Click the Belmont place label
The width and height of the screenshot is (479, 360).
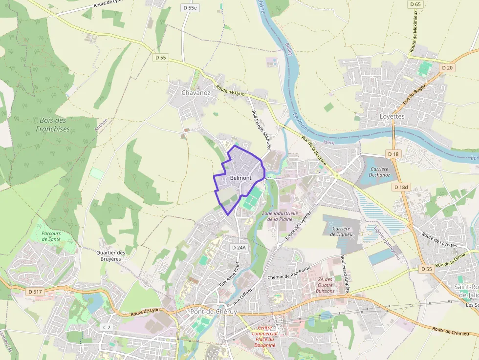240,178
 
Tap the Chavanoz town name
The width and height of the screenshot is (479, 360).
196,92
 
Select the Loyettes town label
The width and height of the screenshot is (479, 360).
392,117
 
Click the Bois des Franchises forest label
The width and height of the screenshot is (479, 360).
52,125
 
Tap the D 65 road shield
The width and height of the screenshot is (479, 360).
415,4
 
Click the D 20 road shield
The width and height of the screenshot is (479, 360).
447,68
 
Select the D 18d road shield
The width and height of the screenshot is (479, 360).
401,187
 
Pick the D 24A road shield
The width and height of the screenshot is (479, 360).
239,248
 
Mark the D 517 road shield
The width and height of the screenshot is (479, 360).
35,292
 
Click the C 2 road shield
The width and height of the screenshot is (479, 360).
107,327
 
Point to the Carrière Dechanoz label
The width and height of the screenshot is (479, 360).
379,172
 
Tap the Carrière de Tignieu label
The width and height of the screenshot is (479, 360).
341,231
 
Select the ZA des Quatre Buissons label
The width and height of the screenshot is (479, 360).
326,285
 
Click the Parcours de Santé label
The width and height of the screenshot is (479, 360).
51,236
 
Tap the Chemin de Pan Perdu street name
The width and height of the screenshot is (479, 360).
289,277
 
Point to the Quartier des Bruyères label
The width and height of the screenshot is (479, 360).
110,255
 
